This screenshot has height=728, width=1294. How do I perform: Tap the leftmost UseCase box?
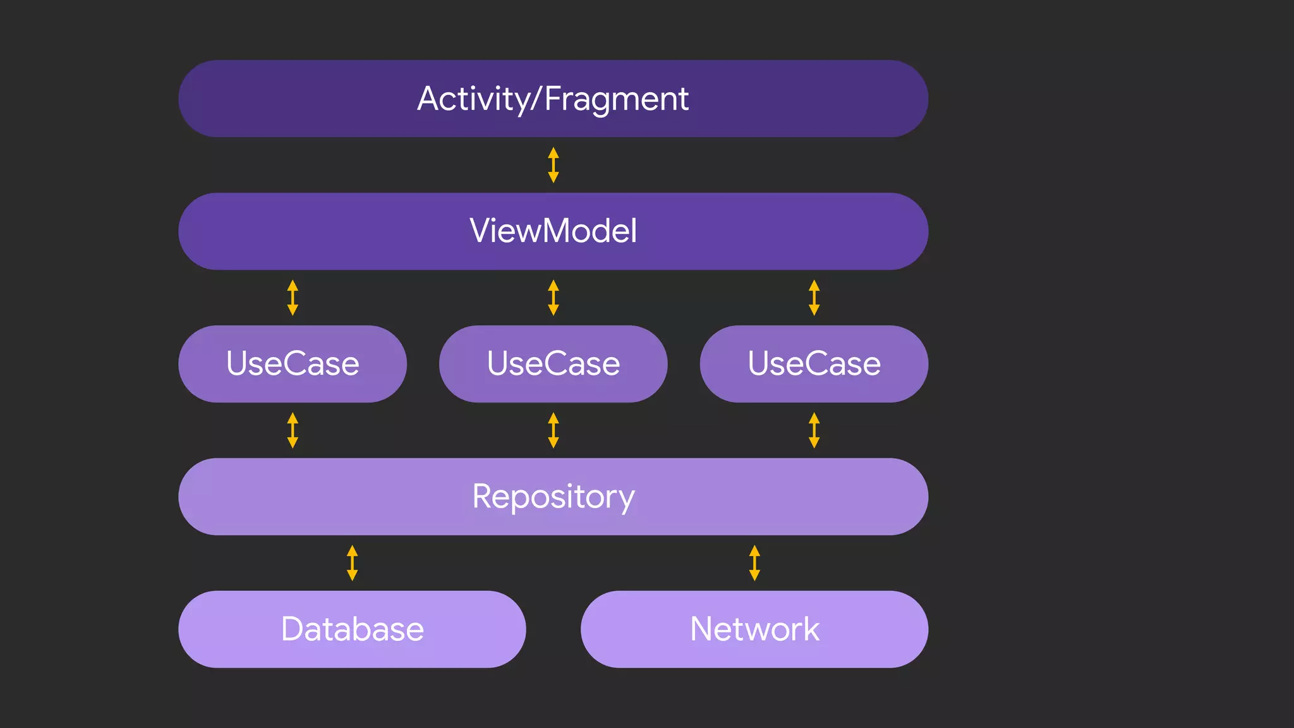pos(293,364)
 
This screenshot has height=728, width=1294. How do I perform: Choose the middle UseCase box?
pos(553,364)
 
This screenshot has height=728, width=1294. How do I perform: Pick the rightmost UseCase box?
pos(814,364)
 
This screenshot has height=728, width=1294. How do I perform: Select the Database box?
pos(352,629)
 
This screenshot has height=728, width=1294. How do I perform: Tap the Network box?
pos(754,629)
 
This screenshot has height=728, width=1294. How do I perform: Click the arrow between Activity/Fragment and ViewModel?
pos(553,165)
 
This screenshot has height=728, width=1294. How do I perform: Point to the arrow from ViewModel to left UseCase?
pos(293,298)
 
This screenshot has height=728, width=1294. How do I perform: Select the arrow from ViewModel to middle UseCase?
pos(553,298)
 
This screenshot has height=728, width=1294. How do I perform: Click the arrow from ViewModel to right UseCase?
pos(814,298)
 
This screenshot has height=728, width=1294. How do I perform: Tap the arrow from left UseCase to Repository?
pos(293,430)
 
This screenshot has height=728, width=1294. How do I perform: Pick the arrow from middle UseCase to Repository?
pos(553,430)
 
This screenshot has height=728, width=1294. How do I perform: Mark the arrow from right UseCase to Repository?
pos(814,430)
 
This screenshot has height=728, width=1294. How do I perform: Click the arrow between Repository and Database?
pos(353,563)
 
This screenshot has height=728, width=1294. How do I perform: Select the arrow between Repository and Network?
pos(754,563)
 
